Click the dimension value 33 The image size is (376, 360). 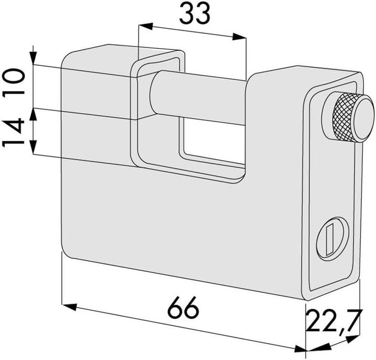coord(195,14)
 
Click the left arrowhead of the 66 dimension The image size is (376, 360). coord(68,305)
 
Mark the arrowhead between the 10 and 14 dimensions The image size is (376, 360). coord(33,109)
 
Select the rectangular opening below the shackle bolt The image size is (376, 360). coord(211,141)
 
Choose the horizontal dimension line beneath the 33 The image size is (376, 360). coord(193,31)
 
